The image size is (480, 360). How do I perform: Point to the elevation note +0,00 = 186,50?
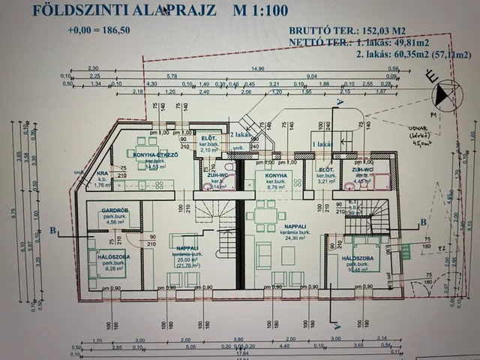pos(98,31)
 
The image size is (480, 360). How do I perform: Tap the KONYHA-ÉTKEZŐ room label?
pos(155,155)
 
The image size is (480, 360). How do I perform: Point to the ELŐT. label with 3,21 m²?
pos(325,170)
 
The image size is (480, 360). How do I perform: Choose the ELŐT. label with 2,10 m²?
pos(208,139)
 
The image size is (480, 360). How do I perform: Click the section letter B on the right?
pos(424,221)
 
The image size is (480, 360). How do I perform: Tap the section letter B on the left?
pos(52,232)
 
